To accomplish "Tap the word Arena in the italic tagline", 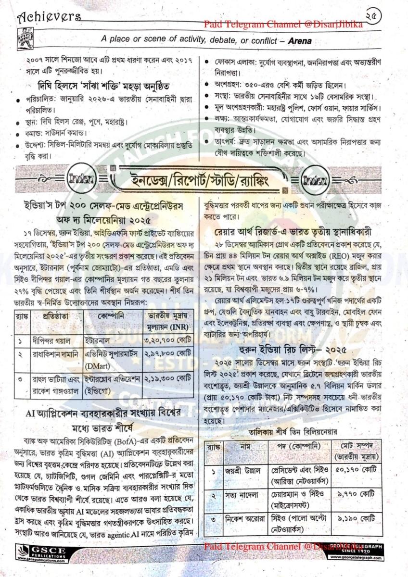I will pyautogui.click(x=297, y=41).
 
